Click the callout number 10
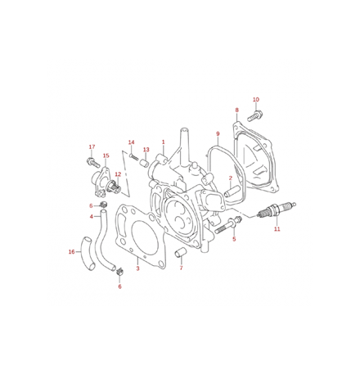point(256,99)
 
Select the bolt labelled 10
point(251,117)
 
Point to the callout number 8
point(236,110)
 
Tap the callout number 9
point(218,133)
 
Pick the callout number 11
point(277,229)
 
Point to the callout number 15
point(106,155)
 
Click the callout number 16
point(71,252)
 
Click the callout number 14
point(131,142)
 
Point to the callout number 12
point(118,173)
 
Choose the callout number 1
point(163,142)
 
